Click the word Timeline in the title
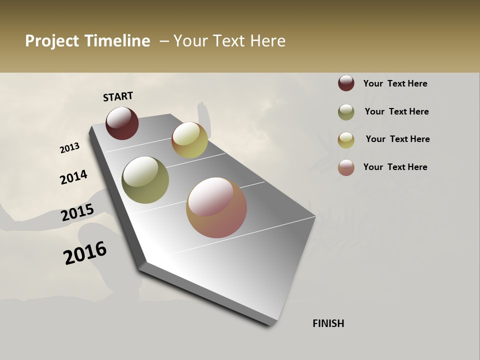pyautogui.click(x=117, y=41)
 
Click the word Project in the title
pyautogui.click(x=52, y=41)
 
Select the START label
pyautogui.click(x=118, y=96)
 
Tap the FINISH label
pyautogui.click(x=328, y=323)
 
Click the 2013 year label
pyautogui.click(x=69, y=148)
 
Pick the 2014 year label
pyautogui.click(x=73, y=177)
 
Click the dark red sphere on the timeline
pyautogui.click(x=122, y=123)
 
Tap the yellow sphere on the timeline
pyautogui.click(x=189, y=140)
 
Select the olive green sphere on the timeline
pyautogui.click(x=145, y=180)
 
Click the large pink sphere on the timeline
pyautogui.click(x=216, y=207)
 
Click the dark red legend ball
pyautogui.click(x=346, y=83)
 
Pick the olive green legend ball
pyautogui.click(x=346, y=112)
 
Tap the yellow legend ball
pyautogui.click(x=346, y=140)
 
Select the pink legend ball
pyautogui.click(x=346, y=167)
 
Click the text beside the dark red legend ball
pyautogui.click(x=395, y=83)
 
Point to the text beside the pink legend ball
pyautogui.click(x=395, y=167)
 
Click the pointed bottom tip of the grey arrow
pyautogui.click(x=271, y=324)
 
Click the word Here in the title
pyautogui.click(x=267, y=41)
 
